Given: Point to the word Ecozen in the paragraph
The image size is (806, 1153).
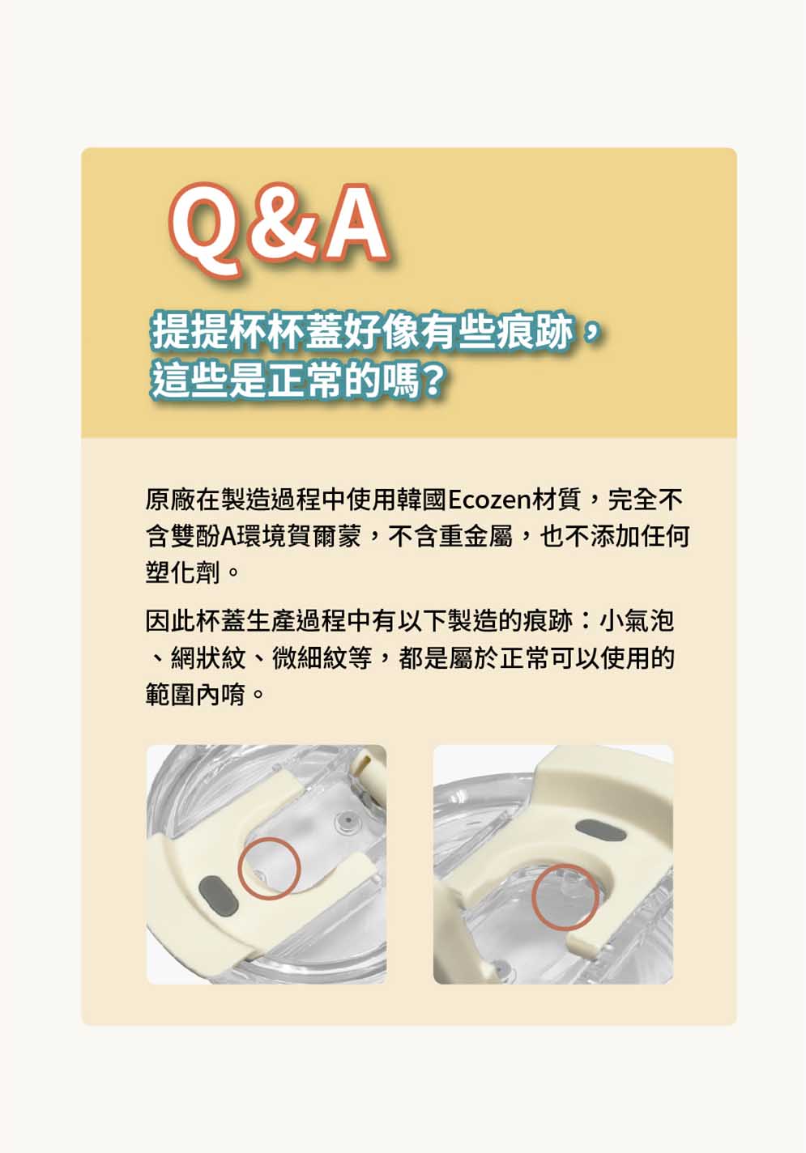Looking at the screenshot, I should click(489, 500).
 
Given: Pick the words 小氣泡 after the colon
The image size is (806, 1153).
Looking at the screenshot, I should click(637, 621).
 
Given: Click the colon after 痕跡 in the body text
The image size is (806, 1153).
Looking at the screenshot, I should click(586, 621).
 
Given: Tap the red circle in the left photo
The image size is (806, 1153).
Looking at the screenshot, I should click(269, 869).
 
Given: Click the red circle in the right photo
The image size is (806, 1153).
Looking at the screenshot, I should click(565, 896).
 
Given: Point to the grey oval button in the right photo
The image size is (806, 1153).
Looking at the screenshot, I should click(600, 831).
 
